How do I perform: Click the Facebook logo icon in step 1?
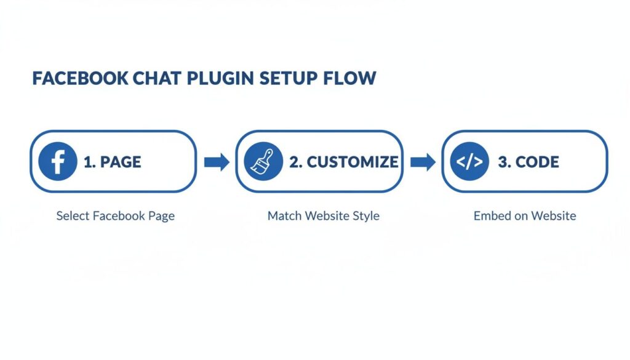(57, 162)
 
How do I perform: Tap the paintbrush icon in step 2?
(263, 162)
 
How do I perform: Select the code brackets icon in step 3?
(470, 162)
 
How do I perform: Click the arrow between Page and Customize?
(216, 162)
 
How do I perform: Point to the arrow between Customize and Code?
(423, 162)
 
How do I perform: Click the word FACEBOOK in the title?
(80, 79)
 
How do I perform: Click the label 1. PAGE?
(112, 162)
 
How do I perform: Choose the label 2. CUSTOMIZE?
(343, 162)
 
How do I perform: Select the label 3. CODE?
(528, 162)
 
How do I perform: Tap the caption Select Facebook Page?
(115, 217)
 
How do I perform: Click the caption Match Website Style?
(323, 217)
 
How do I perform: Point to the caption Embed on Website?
(525, 217)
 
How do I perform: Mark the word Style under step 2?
(367, 217)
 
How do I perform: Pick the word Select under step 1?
(71, 217)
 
